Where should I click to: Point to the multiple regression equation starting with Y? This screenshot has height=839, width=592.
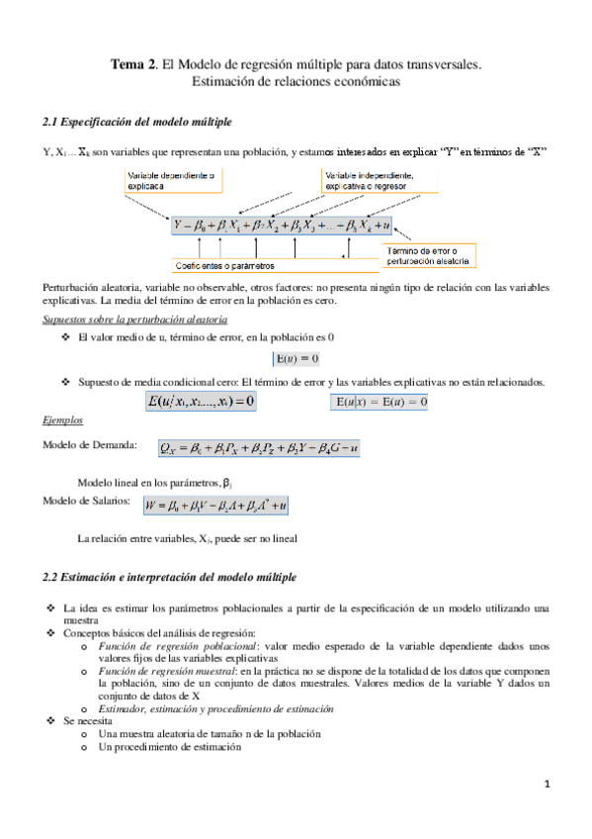click(x=282, y=226)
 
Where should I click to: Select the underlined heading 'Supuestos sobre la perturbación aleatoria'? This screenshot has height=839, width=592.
click(x=136, y=320)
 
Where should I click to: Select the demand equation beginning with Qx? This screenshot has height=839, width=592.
click(x=259, y=448)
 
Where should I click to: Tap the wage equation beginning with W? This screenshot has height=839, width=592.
click(x=215, y=506)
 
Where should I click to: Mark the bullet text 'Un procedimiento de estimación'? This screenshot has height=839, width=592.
click(x=169, y=747)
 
